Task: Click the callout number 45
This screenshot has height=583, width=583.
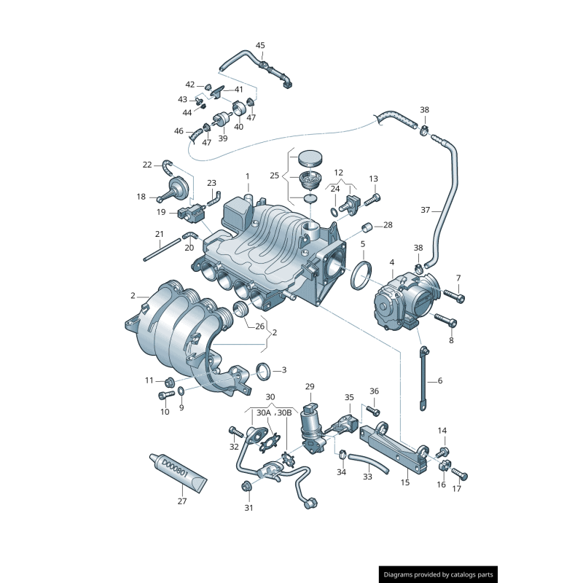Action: click(x=260, y=45)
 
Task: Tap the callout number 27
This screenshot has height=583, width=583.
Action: click(x=182, y=501)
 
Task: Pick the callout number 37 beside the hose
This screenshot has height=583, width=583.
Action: click(x=439, y=380)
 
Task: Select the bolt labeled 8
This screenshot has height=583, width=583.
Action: click(x=445, y=320)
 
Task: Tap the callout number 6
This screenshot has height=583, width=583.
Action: click(x=439, y=380)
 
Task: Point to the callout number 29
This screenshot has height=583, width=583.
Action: click(x=310, y=386)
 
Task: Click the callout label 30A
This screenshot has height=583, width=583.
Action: click(x=263, y=412)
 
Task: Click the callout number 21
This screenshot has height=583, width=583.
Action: click(x=159, y=234)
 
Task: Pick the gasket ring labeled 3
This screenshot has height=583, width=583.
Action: click(x=265, y=372)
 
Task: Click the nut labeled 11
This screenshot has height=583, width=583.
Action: click(x=169, y=381)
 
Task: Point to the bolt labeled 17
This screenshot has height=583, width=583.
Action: click(x=460, y=475)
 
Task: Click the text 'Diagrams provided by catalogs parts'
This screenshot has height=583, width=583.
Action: click(x=439, y=575)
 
